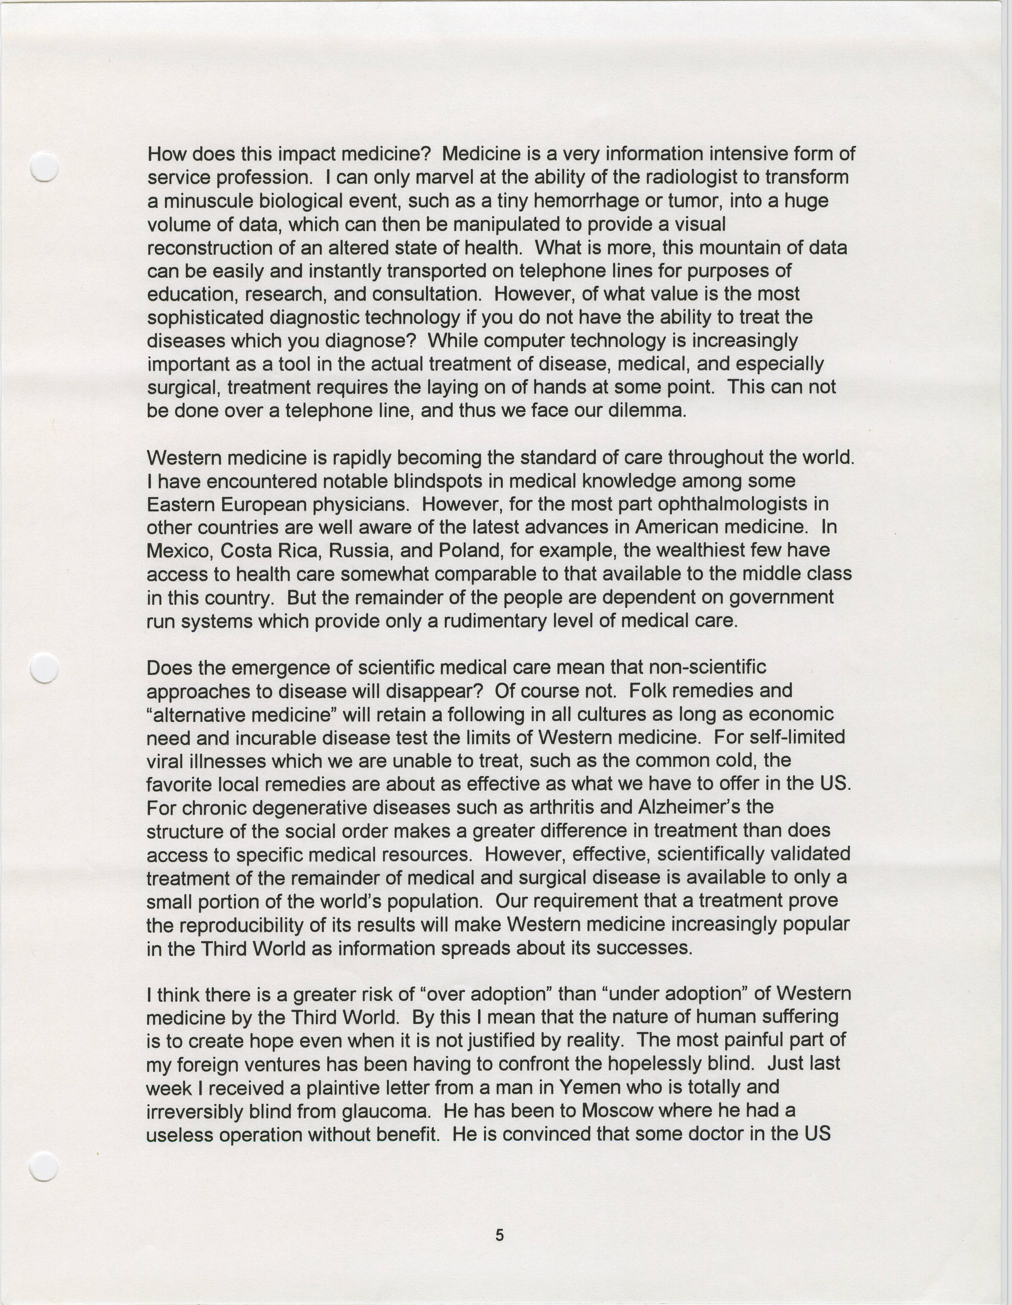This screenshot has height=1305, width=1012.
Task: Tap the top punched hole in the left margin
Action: pos(44,167)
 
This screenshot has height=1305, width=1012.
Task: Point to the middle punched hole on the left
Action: pos(44,668)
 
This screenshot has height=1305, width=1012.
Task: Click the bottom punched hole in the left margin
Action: pos(44,1166)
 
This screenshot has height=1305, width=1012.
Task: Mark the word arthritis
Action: pos(572,807)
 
